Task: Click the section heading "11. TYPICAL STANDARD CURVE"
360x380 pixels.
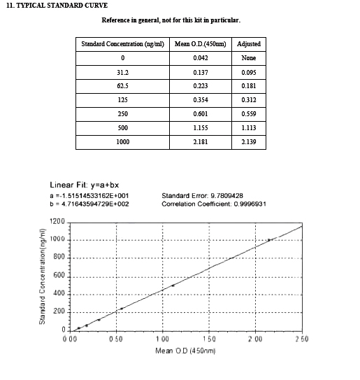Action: pos(57,6)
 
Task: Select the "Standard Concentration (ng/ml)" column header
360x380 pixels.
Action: pos(122,43)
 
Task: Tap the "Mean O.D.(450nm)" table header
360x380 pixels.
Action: pos(199,43)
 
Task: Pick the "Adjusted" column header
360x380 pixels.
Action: pos(249,43)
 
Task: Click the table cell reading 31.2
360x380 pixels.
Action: pos(122,72)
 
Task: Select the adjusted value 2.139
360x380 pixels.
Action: pos(249,142)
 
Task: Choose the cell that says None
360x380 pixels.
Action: pos(249,58)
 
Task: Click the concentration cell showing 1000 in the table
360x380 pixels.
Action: pos(122,142)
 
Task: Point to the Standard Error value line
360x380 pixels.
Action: pos(202,195)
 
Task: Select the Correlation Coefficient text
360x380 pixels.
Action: pos(213,204)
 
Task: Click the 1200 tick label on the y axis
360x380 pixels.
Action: pos(57,221)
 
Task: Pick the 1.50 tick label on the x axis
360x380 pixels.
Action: pos(208,339)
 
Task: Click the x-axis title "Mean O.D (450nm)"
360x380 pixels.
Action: pos(185,349)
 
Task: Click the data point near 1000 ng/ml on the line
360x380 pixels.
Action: pos(269,240)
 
